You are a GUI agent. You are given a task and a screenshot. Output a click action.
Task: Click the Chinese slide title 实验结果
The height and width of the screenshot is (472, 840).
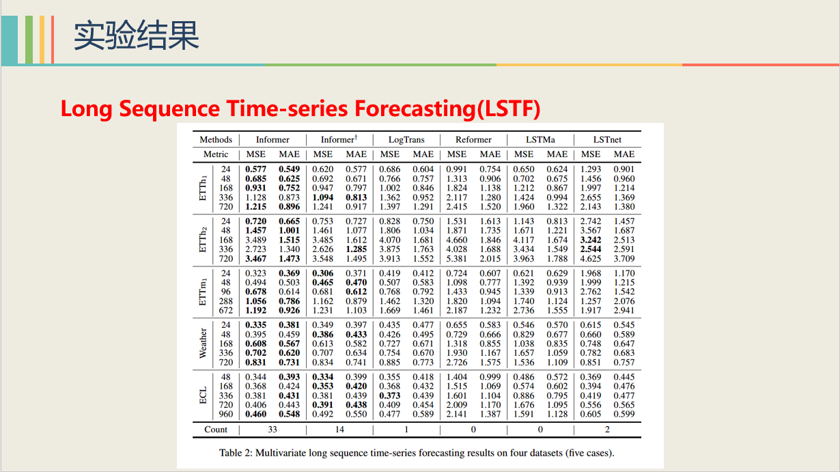(136, 36)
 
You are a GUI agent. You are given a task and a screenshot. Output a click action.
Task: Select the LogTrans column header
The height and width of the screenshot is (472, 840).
(406, 139)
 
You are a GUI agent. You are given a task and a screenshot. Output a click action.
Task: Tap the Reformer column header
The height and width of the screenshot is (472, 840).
(473, 139)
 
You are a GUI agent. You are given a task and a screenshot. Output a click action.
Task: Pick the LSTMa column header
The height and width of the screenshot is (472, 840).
(540, 139)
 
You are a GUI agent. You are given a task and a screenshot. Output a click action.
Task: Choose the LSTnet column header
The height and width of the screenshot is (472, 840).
(607, 139)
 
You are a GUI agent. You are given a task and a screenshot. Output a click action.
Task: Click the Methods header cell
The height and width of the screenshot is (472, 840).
(216, 139)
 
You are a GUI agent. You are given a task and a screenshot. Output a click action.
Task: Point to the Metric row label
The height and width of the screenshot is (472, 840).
(216, 154)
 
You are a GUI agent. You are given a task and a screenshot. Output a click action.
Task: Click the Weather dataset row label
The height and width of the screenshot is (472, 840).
(203, 344)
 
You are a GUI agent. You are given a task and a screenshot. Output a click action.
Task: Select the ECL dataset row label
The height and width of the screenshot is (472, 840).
(203, 395)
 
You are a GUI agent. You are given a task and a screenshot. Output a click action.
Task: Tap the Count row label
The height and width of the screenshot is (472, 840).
(216, 430)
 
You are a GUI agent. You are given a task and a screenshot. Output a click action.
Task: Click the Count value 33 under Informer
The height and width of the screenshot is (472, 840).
(272, 430)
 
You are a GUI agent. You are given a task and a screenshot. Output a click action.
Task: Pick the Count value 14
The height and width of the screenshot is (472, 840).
(339, 430)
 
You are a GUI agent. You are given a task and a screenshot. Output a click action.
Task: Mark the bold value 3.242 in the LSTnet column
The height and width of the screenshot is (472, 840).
(591, 240)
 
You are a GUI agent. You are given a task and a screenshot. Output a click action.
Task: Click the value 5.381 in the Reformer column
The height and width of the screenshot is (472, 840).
(457, 259)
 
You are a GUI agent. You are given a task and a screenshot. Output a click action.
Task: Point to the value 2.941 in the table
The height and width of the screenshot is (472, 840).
(624, 311)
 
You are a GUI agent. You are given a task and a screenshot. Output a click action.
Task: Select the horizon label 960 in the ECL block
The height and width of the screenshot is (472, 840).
(225, 414)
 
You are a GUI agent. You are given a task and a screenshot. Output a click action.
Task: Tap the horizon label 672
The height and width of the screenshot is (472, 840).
(225, 311)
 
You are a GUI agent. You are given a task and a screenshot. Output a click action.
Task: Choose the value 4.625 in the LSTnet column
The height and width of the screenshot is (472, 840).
(591, 259)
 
